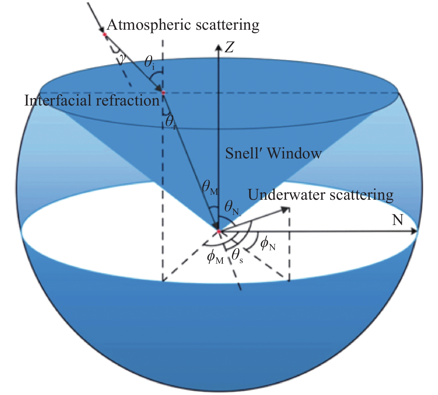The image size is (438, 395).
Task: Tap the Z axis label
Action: coord(229,47)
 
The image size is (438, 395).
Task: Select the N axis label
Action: coord(398,220)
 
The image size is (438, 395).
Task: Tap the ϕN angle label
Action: coord(268,245)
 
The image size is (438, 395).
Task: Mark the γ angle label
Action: coord(122,60)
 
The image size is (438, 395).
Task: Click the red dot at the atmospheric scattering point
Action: coord(104,34)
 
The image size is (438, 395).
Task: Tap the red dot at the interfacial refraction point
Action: coord(163,93)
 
